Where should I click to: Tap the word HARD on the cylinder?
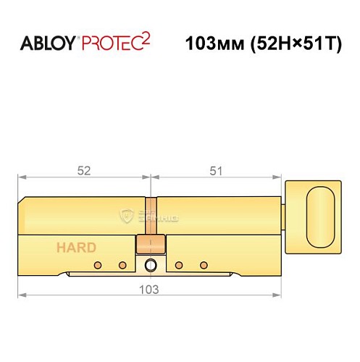(77, 248)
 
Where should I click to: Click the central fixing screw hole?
(151, 264)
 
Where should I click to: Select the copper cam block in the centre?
(150, 243)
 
